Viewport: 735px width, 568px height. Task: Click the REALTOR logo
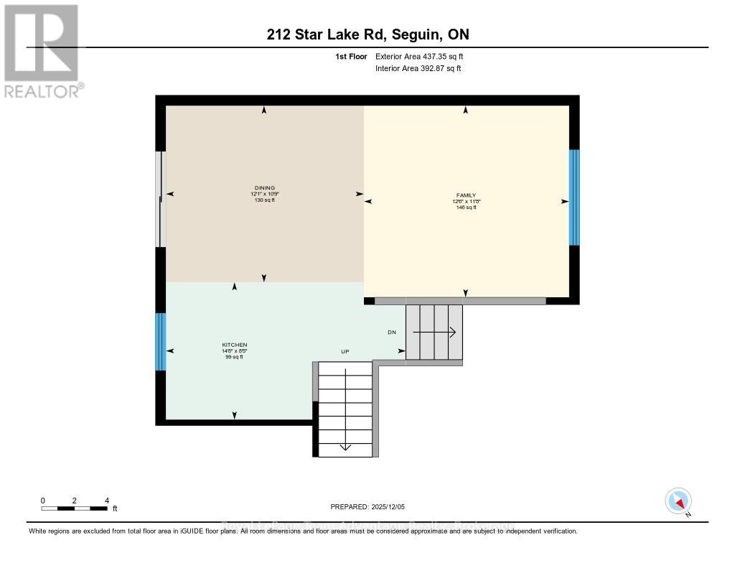(41, 50)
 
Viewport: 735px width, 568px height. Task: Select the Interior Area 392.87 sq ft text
(418, 68)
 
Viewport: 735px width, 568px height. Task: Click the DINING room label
(263, 188)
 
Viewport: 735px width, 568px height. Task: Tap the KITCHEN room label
(234, 345)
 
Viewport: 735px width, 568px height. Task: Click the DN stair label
(392, 332)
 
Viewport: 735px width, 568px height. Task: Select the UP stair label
(345, 352)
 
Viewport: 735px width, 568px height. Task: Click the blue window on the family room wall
(574, 197)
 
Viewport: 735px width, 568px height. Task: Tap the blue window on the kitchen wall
(161, 342)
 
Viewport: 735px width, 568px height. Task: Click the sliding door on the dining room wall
(161, 199)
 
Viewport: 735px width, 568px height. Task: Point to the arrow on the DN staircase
(434, 332)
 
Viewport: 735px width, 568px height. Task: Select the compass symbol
(678, 501)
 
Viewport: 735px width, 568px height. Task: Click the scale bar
(75, 508)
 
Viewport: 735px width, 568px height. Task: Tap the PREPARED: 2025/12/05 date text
(367, 507)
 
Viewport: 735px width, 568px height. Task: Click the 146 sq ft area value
(466, 208)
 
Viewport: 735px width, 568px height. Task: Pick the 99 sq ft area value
(234, 357)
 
